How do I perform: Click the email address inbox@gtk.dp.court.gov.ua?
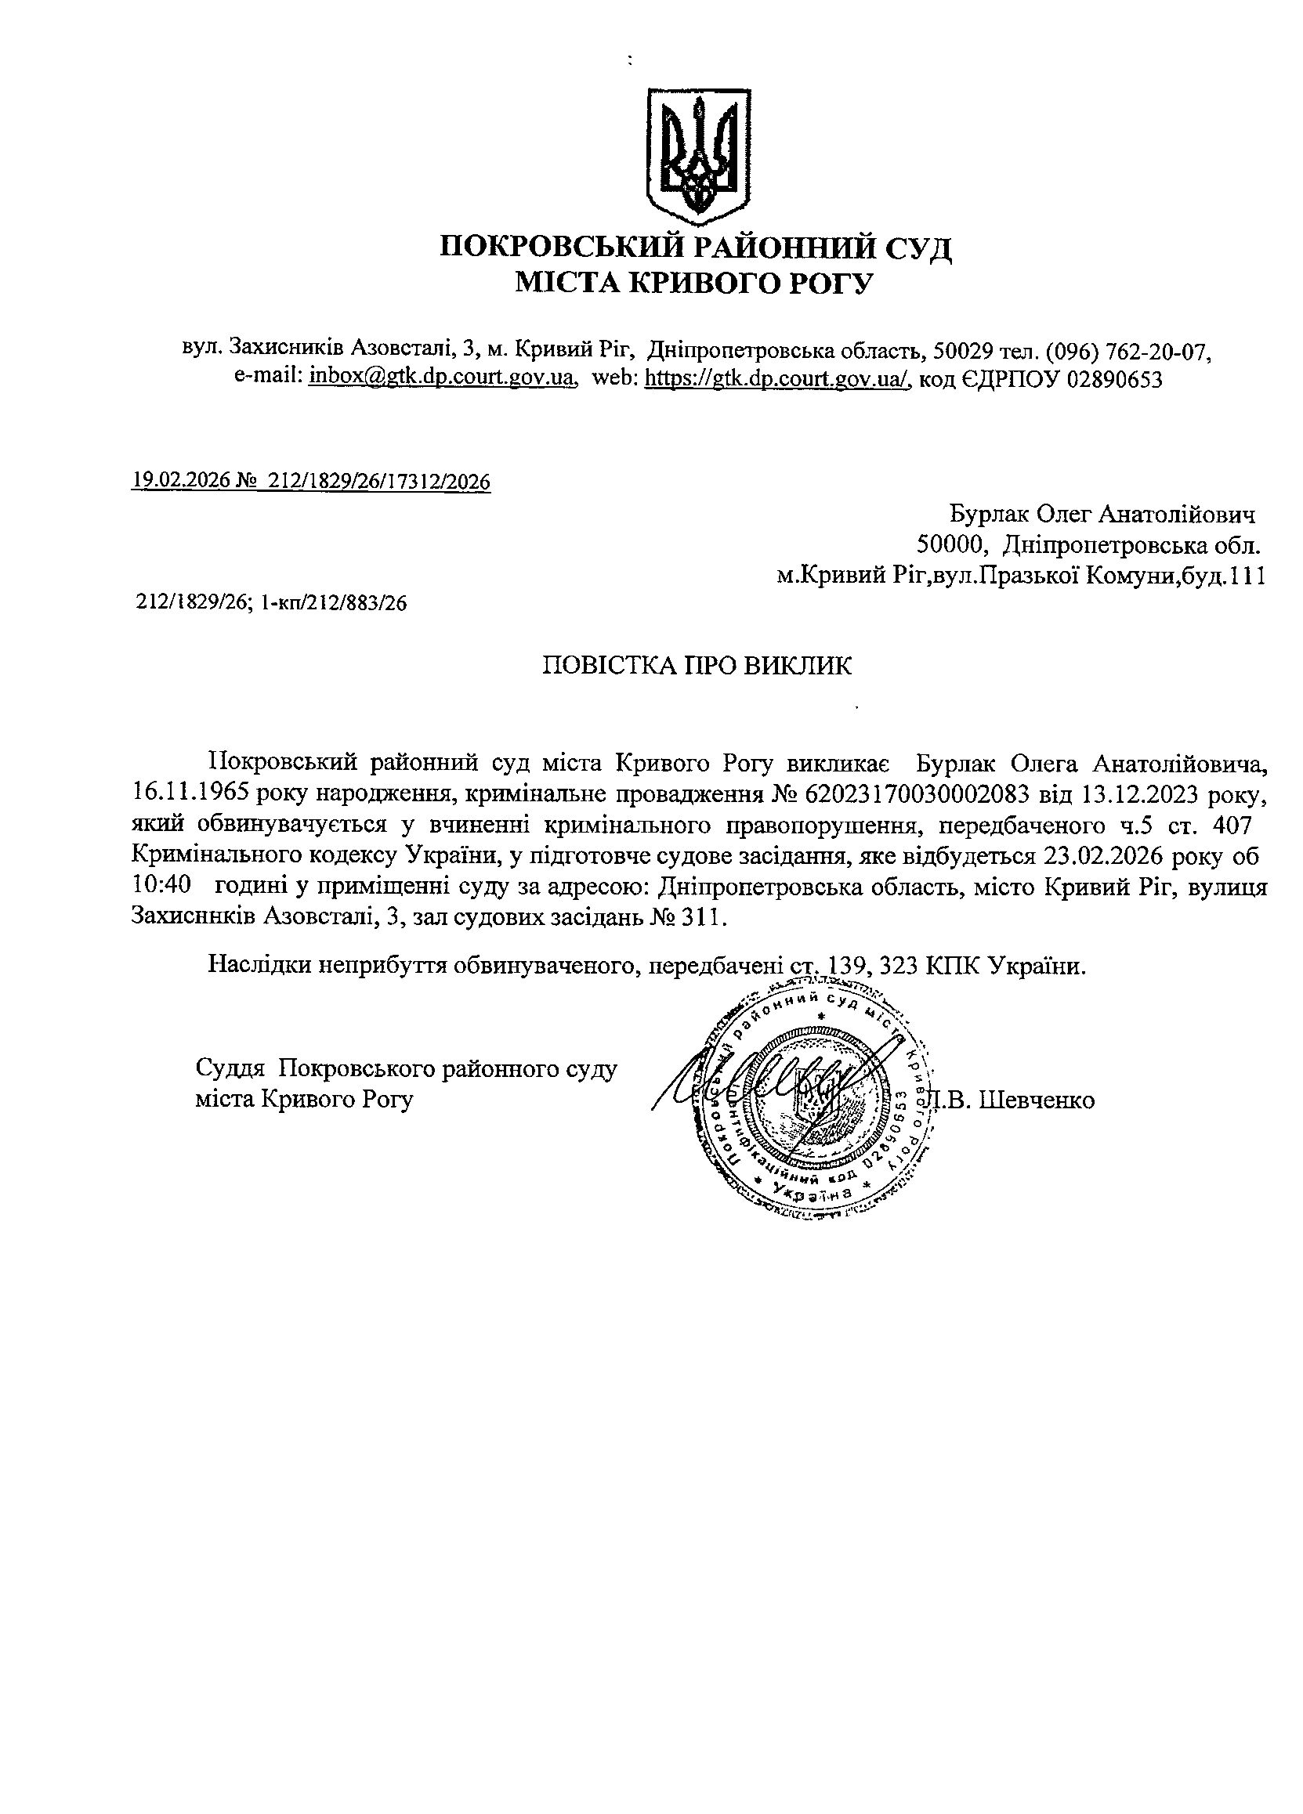click(x=443, y=377)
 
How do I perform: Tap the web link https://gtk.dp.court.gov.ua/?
click(x=777, y=377)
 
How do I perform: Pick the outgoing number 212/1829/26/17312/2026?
click(x=380, y=481)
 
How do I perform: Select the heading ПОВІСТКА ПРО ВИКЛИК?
click(x=697, y=666)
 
